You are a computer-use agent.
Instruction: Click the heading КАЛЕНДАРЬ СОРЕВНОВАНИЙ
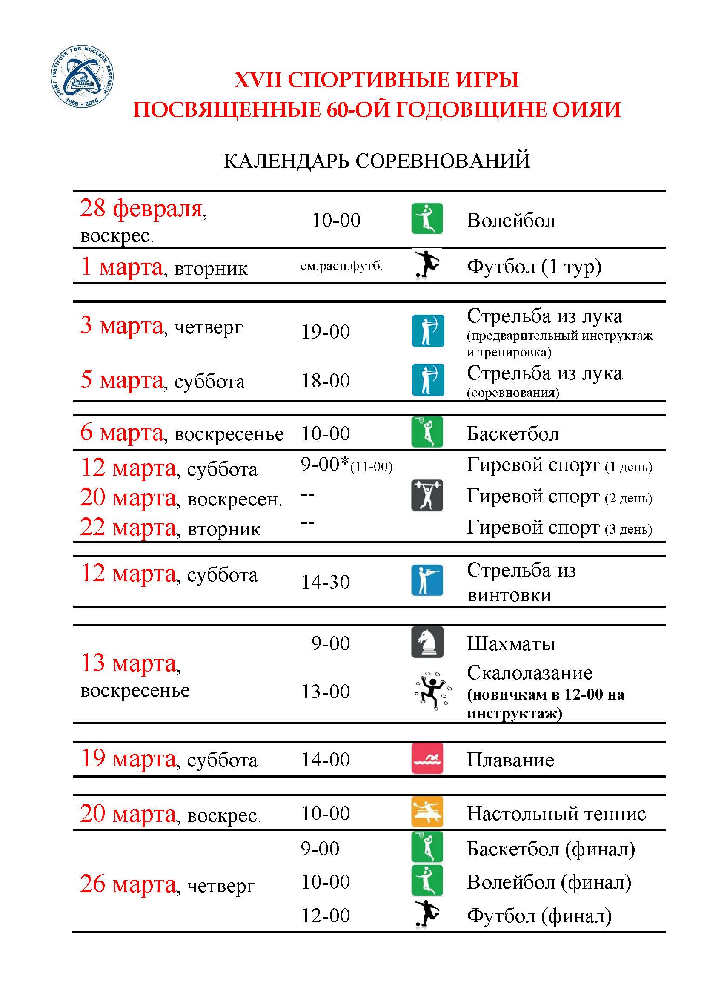coord(376,161)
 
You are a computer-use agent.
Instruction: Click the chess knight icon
coord(427,643)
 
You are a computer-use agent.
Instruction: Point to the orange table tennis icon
coord(427,812)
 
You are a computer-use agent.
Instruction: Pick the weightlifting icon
coord(427,495)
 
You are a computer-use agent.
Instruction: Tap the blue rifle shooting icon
coord(427,580)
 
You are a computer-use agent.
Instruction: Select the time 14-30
coord(326,582)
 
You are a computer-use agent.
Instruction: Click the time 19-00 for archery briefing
coord(326,332)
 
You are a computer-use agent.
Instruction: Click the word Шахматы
coord(511,644)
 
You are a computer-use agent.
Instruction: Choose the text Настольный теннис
coord(556,813)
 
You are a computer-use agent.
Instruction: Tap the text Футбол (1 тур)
coord(534,266)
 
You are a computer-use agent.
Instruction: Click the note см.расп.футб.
coord(342,266)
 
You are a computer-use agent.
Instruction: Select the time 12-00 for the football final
coord(326,916)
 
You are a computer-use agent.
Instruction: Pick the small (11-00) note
coord(372,467)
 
